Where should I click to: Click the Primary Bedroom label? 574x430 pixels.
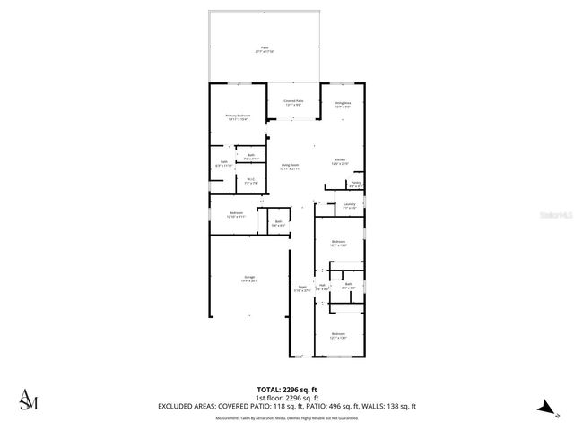tap(238, 117)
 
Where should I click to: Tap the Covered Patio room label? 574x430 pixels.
tap(293, 103)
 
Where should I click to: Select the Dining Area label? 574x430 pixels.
tap(342, 105)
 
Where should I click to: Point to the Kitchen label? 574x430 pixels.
tap(340, 161)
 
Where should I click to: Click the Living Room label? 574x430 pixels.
tap(289, 167)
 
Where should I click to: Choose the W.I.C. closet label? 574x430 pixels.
tap(252, 181)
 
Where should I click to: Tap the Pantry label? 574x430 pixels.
tap(355, 183)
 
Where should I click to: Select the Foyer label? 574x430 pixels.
tap(301, 288)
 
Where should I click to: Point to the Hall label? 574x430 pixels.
tap(322, 288)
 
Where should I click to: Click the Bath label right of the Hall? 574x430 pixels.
tap(348, 287)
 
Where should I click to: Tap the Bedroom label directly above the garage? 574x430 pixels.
tap(236, 214)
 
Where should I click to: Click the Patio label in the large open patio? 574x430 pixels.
tap(265, 49)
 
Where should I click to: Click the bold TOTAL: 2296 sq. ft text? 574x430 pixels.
tap(286, 390)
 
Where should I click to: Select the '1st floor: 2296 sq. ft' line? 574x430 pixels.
tap(286, 398)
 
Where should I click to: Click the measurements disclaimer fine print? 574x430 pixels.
tap(286, 417)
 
